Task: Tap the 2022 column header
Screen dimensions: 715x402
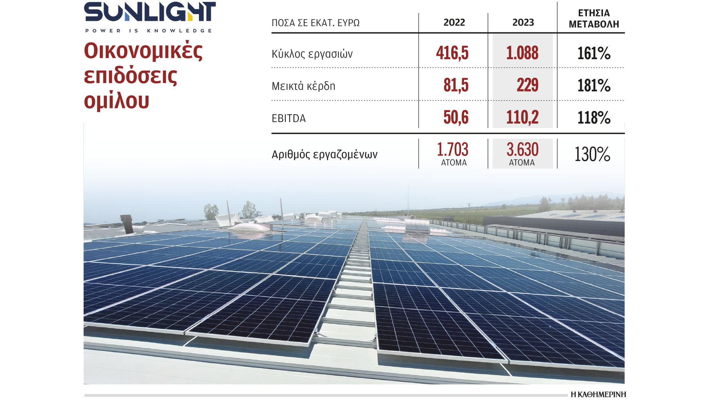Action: [454, 22]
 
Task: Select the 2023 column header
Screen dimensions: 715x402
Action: [523, 22]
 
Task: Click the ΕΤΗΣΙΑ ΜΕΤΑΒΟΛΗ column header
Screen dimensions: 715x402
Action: [594, 19]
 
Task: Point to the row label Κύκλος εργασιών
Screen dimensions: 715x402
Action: [312, 54]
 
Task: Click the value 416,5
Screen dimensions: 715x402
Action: [452, 53]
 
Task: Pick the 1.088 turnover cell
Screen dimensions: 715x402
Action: [522, 53]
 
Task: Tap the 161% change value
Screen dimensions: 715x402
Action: [594, 53]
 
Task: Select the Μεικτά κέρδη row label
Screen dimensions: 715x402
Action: [304, 86]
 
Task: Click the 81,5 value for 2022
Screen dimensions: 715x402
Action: [456, 85]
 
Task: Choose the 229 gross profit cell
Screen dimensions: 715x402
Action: [527, 85]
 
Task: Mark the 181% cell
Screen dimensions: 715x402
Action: [594, 86]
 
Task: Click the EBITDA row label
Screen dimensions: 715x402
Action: [289, 118]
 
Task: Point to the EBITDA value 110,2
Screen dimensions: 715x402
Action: [522, 118]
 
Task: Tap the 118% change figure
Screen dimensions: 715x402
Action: [594, 118]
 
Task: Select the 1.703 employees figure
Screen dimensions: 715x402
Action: [452, 150]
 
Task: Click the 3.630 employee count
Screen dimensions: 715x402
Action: [522, 150]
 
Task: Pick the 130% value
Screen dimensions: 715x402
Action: [592, 154]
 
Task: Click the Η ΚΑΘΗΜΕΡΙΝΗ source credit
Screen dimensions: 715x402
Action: [598, 395]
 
